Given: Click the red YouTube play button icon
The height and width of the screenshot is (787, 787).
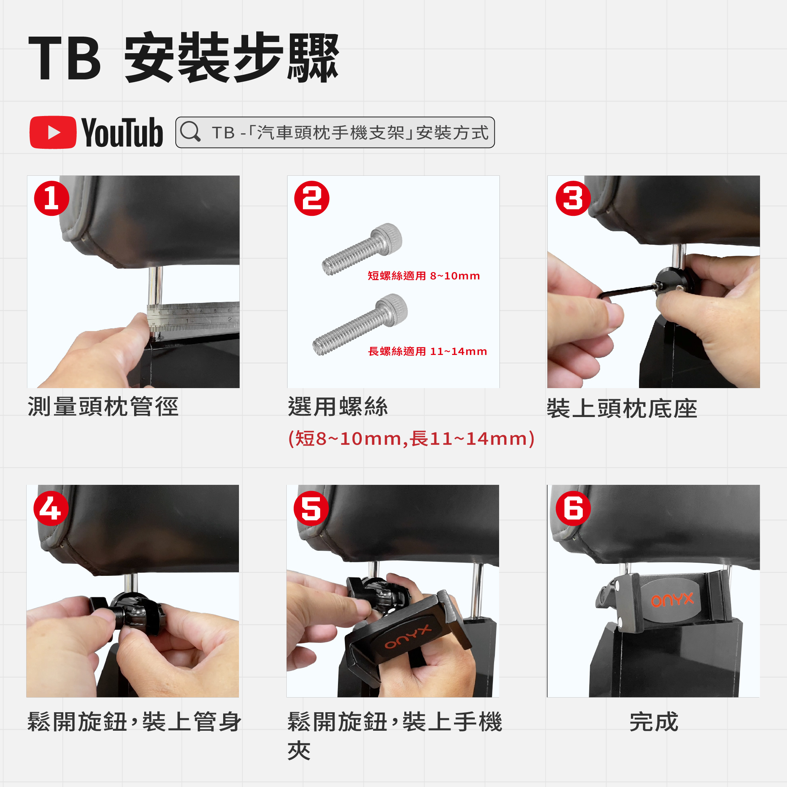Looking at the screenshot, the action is click(53, 133).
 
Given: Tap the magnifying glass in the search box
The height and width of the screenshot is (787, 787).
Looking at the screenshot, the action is click(190, 131).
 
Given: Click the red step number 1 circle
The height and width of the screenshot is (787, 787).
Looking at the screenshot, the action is click(52, 198).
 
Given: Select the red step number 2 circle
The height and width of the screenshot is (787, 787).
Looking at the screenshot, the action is click(312, 198).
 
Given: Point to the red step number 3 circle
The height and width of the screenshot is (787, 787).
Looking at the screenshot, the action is click(573, 198).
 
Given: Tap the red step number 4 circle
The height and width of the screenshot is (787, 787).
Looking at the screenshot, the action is click(51, 508).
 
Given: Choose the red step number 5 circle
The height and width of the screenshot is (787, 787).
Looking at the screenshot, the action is click(311, 508).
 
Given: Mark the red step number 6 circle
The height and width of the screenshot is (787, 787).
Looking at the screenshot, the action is click(573, 508).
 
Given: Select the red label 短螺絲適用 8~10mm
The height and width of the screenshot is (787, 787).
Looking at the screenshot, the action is click(424, 276).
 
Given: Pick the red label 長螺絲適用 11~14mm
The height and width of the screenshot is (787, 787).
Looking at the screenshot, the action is click(427, 351).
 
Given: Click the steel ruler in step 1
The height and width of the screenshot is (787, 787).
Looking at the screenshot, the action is click(193, 316).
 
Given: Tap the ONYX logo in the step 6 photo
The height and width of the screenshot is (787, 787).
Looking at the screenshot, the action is click(672, 600).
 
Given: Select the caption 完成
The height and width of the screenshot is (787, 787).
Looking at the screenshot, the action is click(654, 722).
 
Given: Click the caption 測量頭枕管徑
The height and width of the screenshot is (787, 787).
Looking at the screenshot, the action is click(103, 407).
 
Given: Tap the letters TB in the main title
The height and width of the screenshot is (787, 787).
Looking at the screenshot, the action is click(64, 57).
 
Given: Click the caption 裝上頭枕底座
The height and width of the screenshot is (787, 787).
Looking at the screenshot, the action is click(622, 409).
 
